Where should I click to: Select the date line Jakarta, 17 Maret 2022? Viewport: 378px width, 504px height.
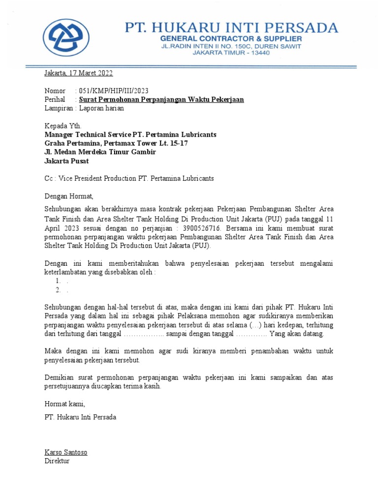pos(79,73)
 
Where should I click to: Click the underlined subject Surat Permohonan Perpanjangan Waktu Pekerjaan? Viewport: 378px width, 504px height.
pos(161,99)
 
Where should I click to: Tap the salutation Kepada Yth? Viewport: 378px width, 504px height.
pos(63,126)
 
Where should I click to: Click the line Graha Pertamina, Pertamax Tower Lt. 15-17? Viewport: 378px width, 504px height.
pos(116,143)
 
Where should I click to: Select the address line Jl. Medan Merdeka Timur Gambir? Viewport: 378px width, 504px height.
pos(100,152)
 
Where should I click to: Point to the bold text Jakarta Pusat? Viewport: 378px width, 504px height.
pos(67,161)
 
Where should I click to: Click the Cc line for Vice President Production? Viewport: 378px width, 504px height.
pos(129,178)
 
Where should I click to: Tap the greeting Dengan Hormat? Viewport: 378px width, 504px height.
pos(68,196)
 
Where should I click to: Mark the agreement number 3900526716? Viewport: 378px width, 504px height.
pos(200,228)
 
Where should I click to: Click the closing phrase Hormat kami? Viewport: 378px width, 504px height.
pos(65,404)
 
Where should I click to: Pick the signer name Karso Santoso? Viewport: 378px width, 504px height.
pos(66,452)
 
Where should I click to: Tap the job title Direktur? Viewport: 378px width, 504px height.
pos(57,461)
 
